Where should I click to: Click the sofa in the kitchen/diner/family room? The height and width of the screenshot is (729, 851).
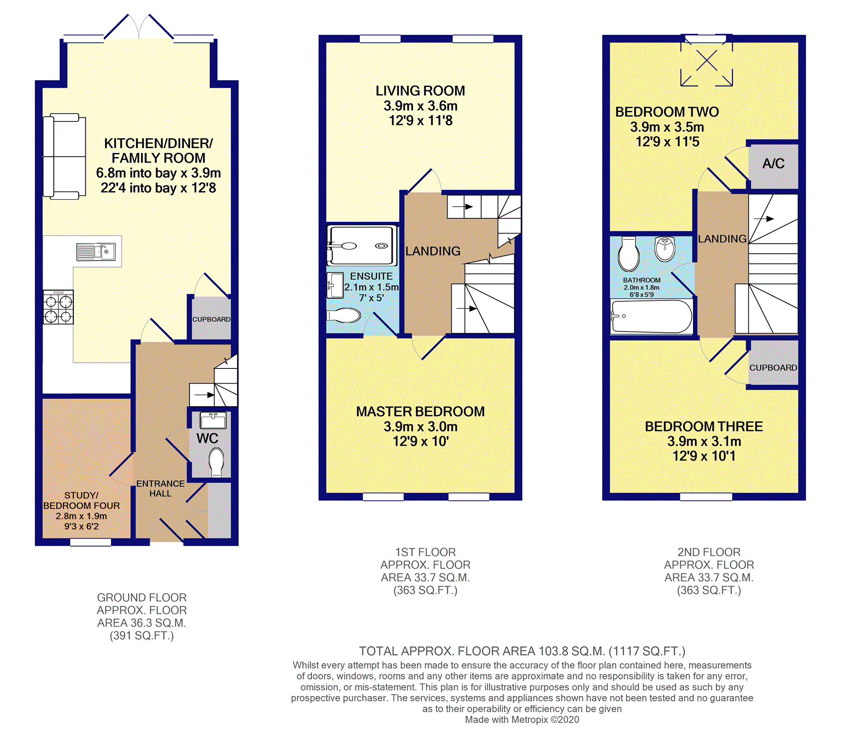click(64, 156)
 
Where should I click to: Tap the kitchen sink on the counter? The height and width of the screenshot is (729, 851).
click(96, 252)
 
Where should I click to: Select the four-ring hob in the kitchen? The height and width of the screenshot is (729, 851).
click(58, 307)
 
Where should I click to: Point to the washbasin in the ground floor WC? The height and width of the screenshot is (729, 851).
click(213, 420)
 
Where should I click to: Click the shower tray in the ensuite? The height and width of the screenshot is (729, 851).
click(362, 246)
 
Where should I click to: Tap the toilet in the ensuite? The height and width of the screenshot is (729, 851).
click(344, 315)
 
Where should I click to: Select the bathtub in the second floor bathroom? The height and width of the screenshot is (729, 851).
click(651, 316)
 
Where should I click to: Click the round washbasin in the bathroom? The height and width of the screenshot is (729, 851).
click(665, 249)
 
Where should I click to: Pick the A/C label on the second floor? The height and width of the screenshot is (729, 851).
click(773, 163)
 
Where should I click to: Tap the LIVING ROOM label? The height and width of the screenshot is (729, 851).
click(420, 91)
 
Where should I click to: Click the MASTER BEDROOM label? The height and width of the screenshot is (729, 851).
click(420, 411)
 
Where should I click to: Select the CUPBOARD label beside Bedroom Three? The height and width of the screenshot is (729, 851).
click(773, 368)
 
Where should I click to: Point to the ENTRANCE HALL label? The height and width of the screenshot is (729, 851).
click(161, 489)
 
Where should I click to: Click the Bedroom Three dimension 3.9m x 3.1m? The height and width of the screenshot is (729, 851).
click(704, 441)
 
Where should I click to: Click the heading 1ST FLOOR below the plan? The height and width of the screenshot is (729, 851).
click(425, 552)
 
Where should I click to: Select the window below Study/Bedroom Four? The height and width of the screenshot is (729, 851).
click(90, 542)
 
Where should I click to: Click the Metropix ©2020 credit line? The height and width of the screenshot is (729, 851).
click(522, 720)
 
